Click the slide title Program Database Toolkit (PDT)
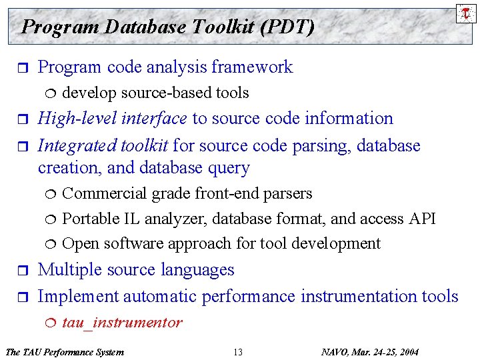point(167,27)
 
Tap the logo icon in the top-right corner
point(465,12)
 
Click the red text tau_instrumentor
point(121,323)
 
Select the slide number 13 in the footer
point(238,352)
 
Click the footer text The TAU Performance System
point(64,352)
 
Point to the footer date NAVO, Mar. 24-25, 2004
point(370,352)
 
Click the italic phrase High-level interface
point(112,119)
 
